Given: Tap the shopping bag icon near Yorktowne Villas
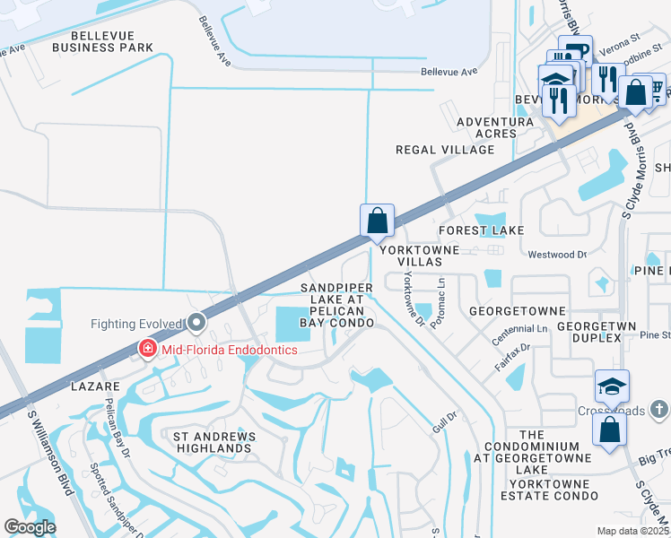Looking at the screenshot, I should [378, 220].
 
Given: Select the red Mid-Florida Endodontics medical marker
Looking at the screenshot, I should [144, 349].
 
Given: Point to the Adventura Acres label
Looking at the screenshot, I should [487, 127].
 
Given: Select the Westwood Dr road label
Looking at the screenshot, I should [557, 255].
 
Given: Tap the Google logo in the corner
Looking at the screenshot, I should [30, 527].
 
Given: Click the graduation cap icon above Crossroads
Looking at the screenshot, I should [613, 386].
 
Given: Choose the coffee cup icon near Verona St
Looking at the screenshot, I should [575, 51].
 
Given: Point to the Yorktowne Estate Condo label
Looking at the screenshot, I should [541, 495].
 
